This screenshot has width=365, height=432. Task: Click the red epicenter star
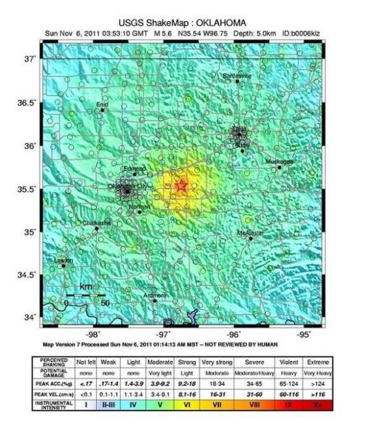point(181,186)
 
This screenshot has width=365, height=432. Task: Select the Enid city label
point(102,104)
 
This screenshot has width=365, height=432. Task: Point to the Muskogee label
point(279,161)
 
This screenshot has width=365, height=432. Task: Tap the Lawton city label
point(63,260)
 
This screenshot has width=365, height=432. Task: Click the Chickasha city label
point(97,223)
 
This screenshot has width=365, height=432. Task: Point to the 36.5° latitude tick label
point(26,103)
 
